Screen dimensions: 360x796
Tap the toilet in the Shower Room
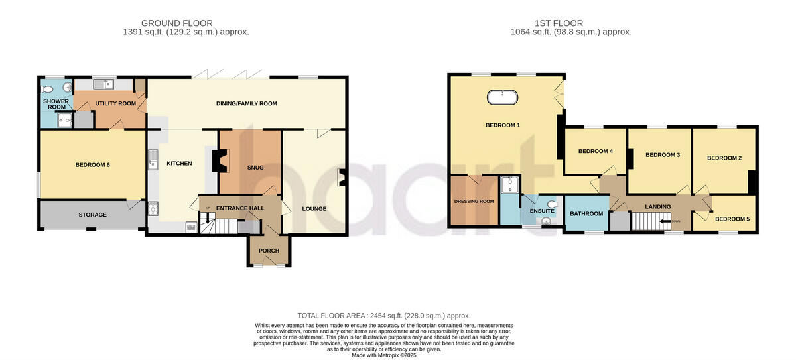tap(47, 89)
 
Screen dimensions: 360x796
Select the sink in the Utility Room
tap(103, 84)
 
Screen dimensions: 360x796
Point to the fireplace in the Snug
tap(216, 161)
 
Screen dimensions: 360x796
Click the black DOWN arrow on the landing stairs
tap(666, 222)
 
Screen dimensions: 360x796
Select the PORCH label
tap(269, 251)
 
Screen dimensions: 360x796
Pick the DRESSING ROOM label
tap(474, 201)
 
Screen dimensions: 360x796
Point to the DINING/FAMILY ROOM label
tap(246, 103)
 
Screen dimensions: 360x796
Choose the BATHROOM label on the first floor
tap(586, 213)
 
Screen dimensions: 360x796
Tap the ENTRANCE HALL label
tap(240, 208)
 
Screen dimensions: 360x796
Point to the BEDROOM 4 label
tap(595, 151)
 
